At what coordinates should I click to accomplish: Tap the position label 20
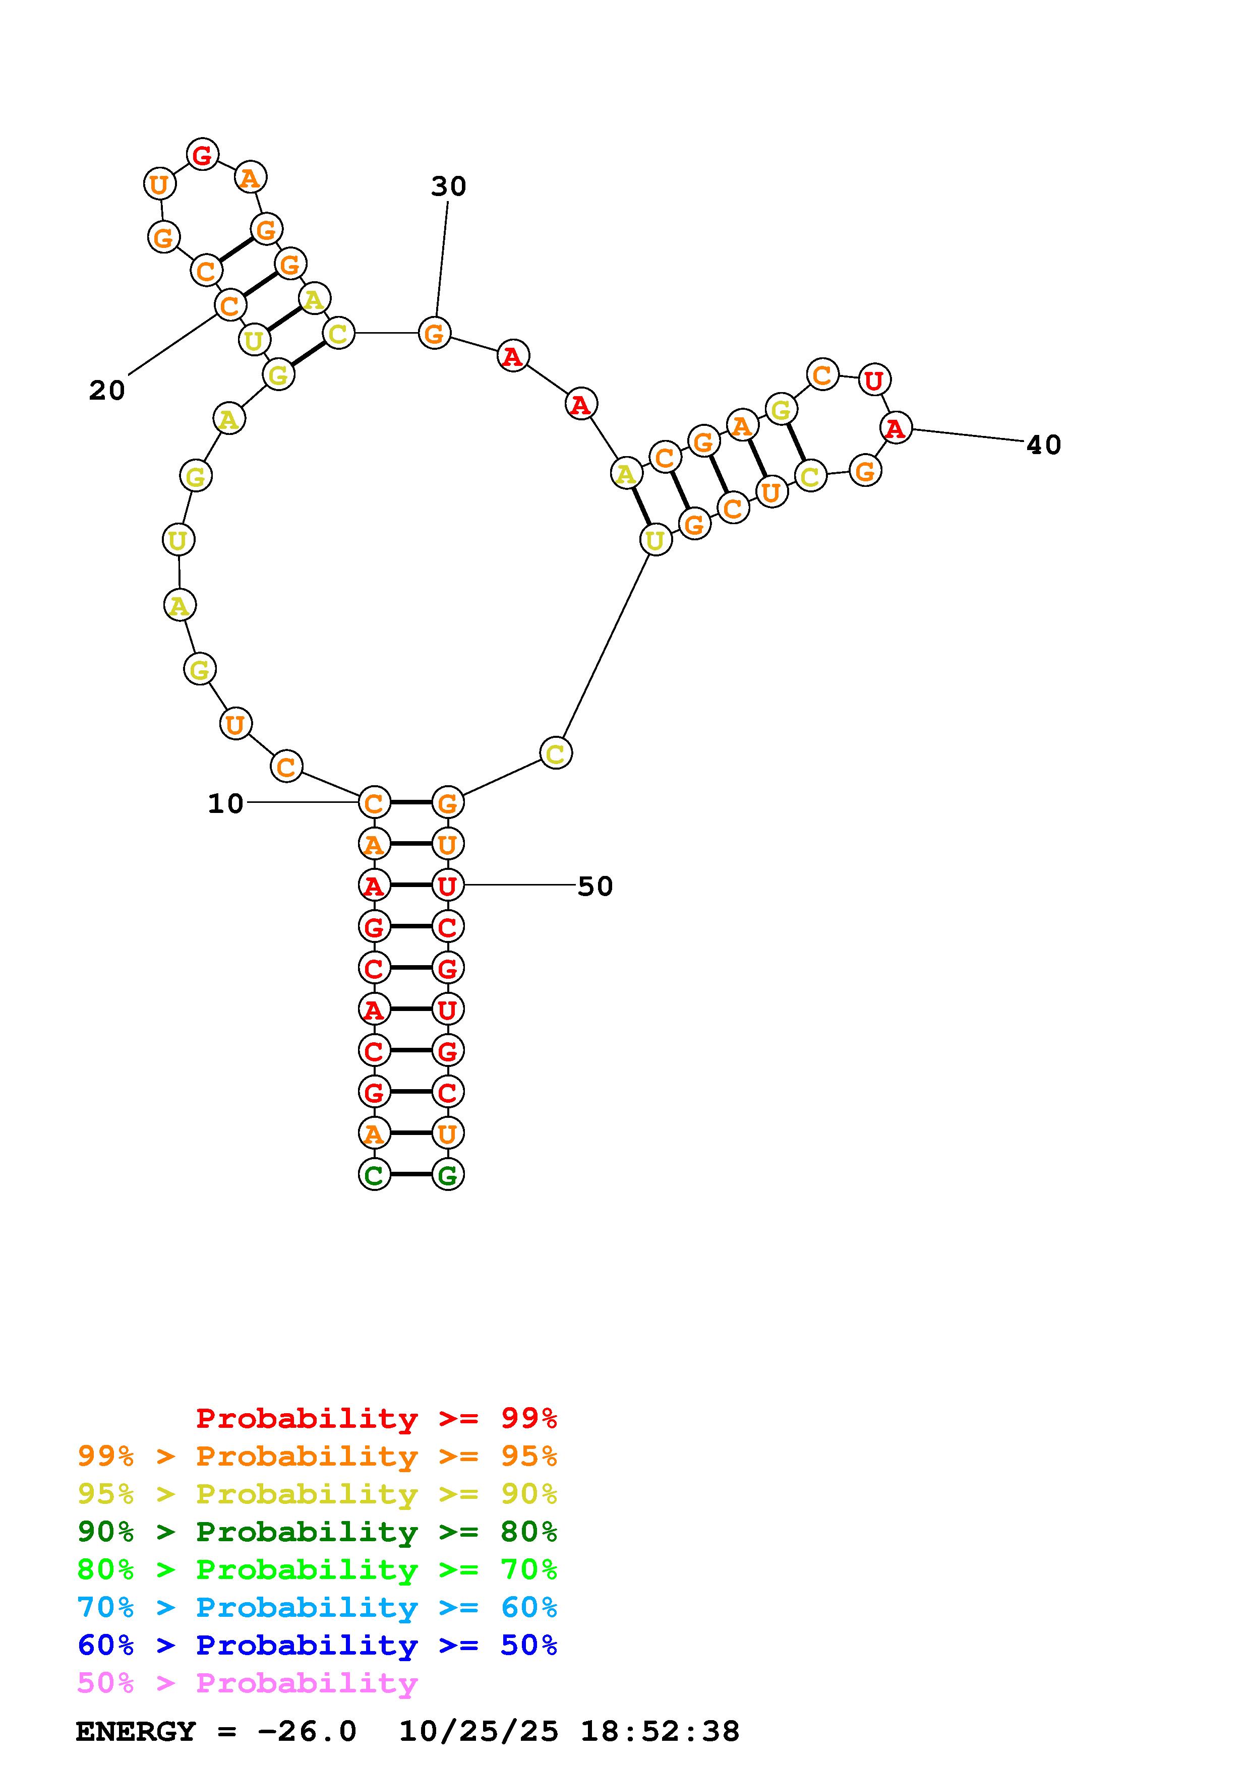point(107,391)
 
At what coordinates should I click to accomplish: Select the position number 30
point(448,186)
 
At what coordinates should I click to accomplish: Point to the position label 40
point(1044,445)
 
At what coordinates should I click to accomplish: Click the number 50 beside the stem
point(596,887)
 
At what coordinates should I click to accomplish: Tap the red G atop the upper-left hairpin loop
point(203,155)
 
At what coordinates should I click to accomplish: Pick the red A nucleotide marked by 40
point(895,428)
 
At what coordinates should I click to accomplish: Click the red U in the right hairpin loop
point(874,380)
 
